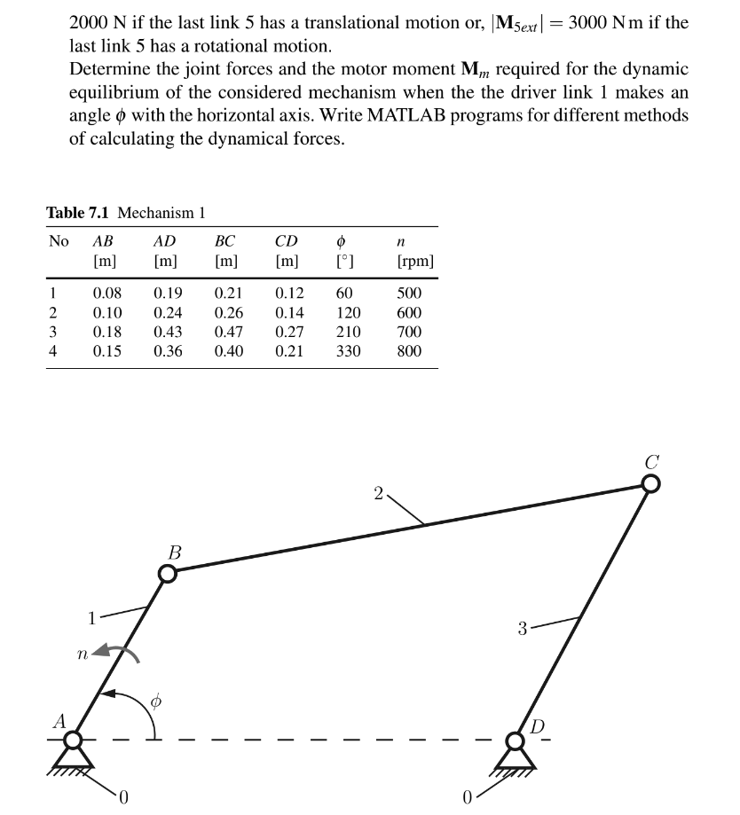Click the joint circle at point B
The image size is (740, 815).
[168, 574]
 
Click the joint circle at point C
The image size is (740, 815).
[650, 483]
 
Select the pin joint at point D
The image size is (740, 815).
[516, 739]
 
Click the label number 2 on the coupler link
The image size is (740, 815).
[378, 493]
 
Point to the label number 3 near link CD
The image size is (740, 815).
[524, 630]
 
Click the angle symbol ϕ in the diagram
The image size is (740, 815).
[156, 701]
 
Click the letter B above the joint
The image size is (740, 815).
[174, 552]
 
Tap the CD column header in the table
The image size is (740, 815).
[287, 241]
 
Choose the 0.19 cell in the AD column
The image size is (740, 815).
[169, 293]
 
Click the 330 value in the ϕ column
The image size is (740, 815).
[348, 351]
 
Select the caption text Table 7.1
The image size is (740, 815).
[79, 213]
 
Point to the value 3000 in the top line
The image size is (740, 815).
[590, 23]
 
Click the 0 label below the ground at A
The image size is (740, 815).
[124, 795]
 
